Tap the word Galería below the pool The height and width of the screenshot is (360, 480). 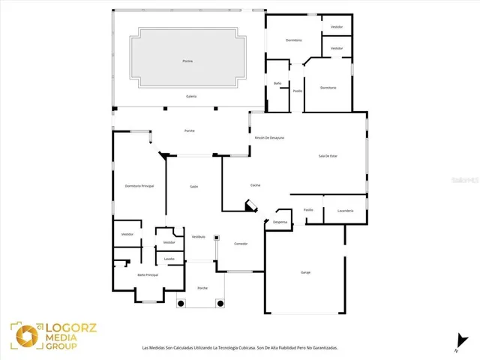pyautogui.click(x=192, y=97)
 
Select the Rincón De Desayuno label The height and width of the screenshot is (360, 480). pyautogui.click(x=268, y=138)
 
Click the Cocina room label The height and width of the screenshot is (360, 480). pyautogui.click(x=255, y=184)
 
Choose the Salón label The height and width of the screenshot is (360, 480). pyautogui.click(x=193, y=186)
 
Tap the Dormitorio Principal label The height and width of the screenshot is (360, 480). pyautogui.click(x=139, y=186)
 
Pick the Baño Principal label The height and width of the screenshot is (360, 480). pyautogui.click(x=147, y=275)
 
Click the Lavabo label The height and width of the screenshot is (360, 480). pyautogui.click(x=169, y=259)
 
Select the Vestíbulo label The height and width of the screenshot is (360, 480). pyautogui.click(x=199, y=236)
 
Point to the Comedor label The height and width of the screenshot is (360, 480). pyautogui.click(x=241, y=244)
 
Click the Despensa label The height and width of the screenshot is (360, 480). pyautogui.click(x=280, y=222)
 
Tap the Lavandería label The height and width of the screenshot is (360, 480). pyautogui.click(x=346, y=210)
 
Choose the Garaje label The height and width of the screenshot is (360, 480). pyautogui.click(x=306, y=271)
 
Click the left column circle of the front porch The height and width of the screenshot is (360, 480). pyautogui.click(x=181, y=304)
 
